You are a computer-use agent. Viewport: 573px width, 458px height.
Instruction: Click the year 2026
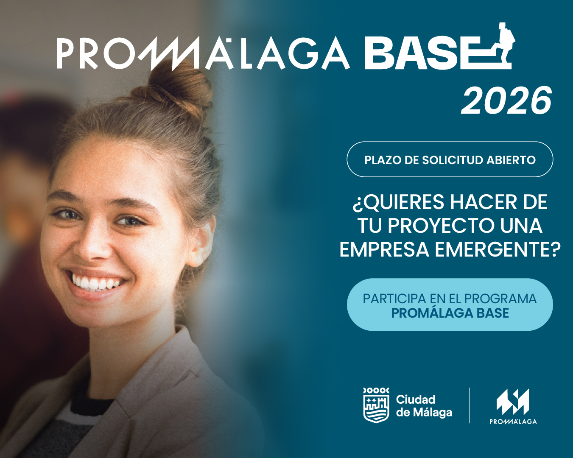tap(506, 101)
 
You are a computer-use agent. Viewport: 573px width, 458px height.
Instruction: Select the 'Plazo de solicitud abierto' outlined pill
tap(450, 159)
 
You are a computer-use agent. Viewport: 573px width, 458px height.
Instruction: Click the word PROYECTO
tap(441, 226)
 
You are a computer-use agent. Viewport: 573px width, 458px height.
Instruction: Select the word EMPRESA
tap(384, 249)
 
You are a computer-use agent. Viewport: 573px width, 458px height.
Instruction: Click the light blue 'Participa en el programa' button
tap(450, 304)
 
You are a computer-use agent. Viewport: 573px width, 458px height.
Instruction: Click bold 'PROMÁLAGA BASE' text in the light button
tap(450, 313)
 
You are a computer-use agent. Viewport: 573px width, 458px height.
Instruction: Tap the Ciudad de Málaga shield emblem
tap(376, 405)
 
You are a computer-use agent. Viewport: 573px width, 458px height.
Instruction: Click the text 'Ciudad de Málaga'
tap(423, 406)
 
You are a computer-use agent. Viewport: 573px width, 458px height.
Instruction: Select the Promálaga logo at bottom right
tap(513, 406)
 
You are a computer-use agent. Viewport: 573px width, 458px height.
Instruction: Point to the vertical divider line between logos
tap(469, 405)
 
